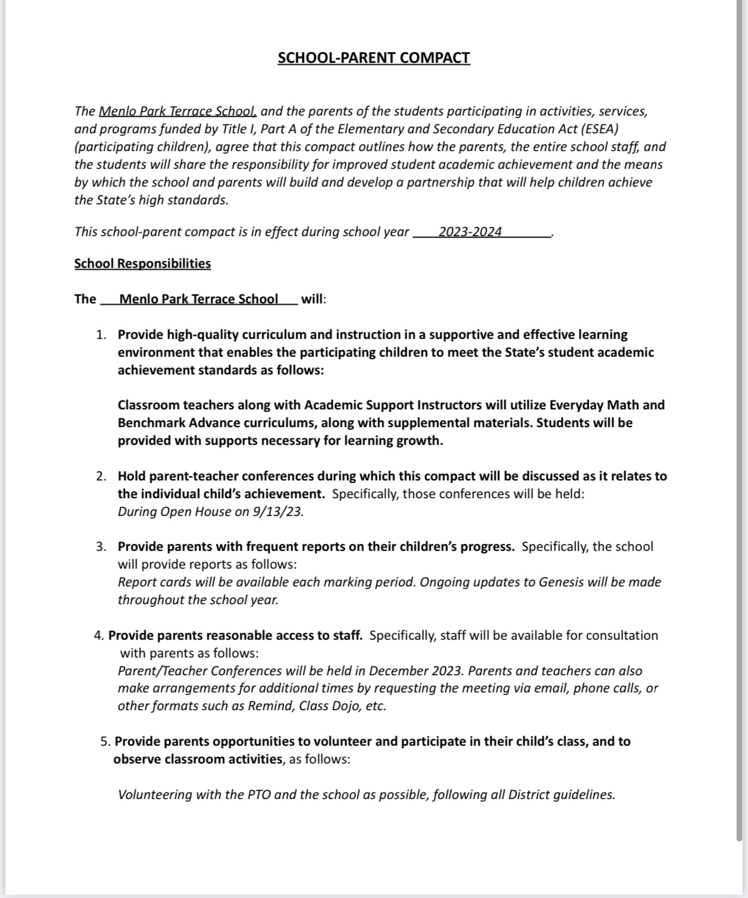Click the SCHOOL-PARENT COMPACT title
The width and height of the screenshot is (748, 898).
[374, 58]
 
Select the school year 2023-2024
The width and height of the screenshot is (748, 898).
[469, 232]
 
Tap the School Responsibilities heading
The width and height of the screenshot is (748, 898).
[142, 263]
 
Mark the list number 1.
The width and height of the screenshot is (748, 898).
[101, 334]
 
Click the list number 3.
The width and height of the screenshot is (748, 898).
[101, 546]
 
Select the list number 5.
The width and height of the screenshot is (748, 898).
[105, 741]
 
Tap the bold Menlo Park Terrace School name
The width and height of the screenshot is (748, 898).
[199, 299]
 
